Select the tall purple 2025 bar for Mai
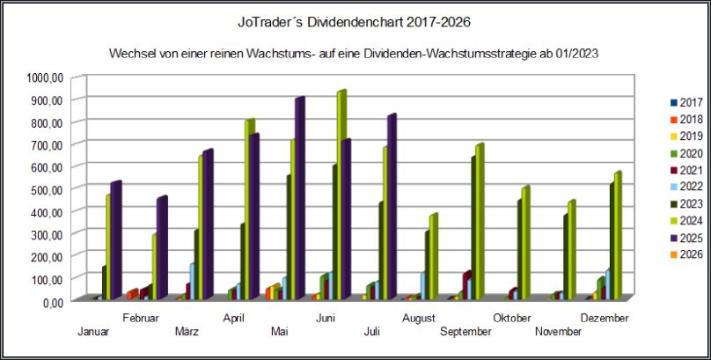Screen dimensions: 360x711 tap(299, 198)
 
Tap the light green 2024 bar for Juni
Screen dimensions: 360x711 tap(341, 194)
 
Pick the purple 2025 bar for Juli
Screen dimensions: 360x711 tap(391, 207)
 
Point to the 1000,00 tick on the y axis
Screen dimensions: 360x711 tap(44, 77)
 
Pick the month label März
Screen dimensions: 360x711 tap(187, 331)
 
